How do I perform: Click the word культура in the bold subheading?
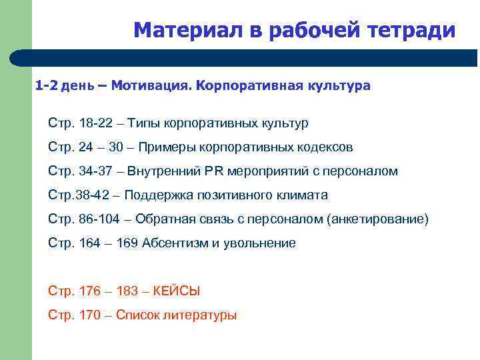[338, 86]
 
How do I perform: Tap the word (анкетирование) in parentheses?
[378, 219]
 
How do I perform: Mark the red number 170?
[89, 315]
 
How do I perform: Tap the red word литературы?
[202, 315]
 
